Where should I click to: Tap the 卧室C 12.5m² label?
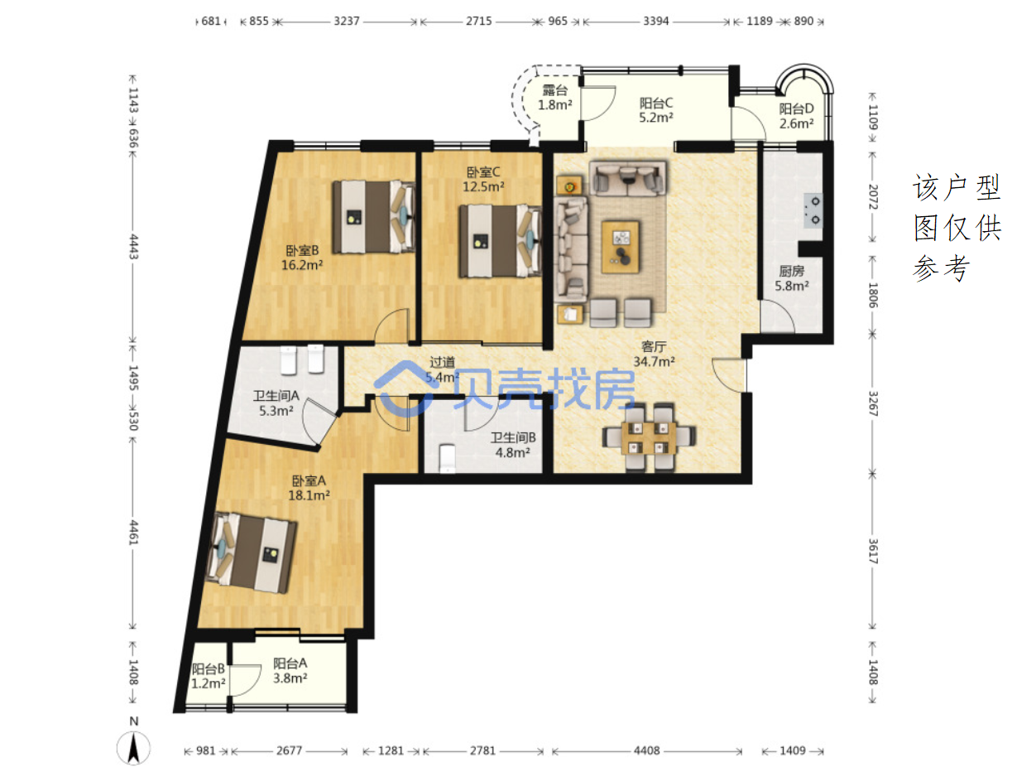pyautogui.click(x=482, y=179)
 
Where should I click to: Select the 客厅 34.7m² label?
pyautogui.click(x=653, y=354)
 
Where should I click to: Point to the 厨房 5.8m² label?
pyautogui.click(x=791, y=278)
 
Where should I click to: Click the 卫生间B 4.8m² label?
pyautogui.click(x=513, y=445)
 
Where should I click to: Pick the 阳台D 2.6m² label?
pyautogui.click(x=796, y=116)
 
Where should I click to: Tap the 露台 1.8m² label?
pyautogui.click(x=554, y=98)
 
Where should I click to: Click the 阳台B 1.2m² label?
pyautogui.click(x=208, y=676)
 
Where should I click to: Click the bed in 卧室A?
pyautogui.click(x=251, y=552)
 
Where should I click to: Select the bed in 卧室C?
pyautogui.click(x=500, y=241)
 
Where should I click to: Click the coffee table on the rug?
pyautogui.click(x=620, y=247)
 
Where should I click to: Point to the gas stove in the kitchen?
pyautogui.click(x=813, y=210)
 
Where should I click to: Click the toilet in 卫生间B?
pyautogui.click(x=447, y=458)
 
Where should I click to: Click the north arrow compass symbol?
pyautogui.click(x=133, y=745)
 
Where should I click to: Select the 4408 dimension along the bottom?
pyautogui.click(x=646, y=750)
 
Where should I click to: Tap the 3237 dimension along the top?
pyautogui.click(x=346, y=21)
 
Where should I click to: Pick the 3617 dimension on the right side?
pyautogui.click(x=872, y=551)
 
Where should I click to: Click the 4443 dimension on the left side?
pyautogui.click(x=133, y=246)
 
